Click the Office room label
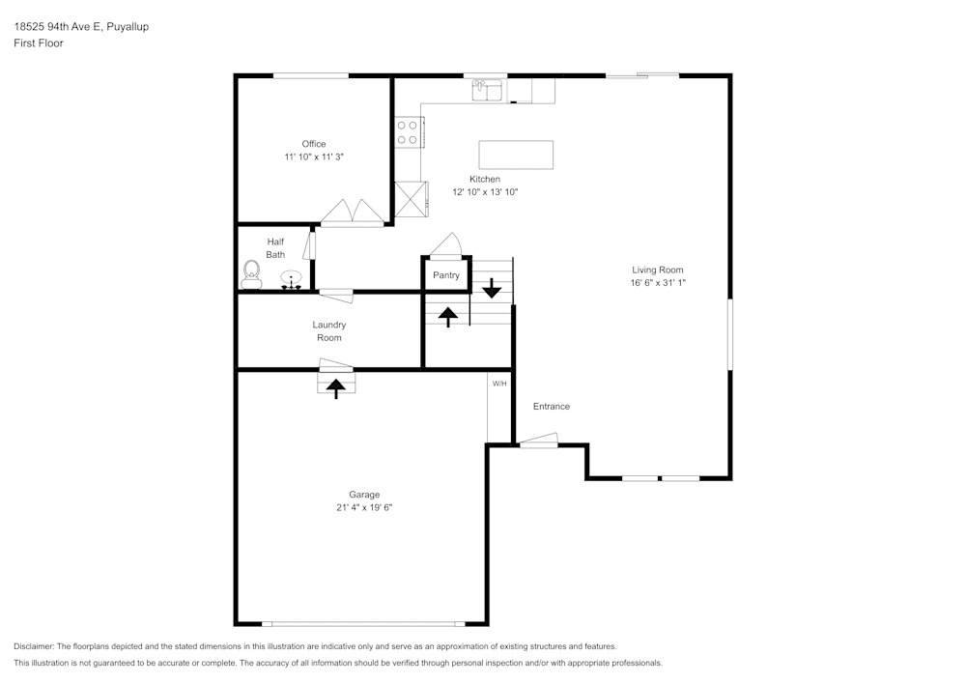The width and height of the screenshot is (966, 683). pyautogui.click(x=313, y=144)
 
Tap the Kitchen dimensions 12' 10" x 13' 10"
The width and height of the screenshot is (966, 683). pyautogui.click(x=485, y=192)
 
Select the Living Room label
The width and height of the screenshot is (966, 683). pyautogui.click(x=658, y=270)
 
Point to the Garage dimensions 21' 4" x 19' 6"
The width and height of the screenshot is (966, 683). pyautogui.click(x=357, y=507)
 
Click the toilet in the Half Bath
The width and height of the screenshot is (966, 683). pyautogui.click(x=252, y=273)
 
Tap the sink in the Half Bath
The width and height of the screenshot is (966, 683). pyautogui.click(x=290, y=280)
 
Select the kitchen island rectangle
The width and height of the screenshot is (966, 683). pyautogui.click(x=516, y=155)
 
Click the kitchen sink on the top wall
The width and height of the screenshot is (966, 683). pyautogui.click(x=487, y=91)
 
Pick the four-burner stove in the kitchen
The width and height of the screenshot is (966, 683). pyautogui.click(x=407, y=132)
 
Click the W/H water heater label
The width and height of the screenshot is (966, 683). pyautogui.click(x=499, y=384)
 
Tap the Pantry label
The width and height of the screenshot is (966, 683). pyautogui.click(x=446, y=275)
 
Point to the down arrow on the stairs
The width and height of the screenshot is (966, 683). pyautogui.click(x=492, y=287)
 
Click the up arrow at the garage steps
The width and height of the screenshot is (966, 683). pyautogui.click(x=335, y=387)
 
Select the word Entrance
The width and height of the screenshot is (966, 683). pyautogui.click(x=552, y=407)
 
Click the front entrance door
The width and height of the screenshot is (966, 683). pyautogui.click(x=538, y=443)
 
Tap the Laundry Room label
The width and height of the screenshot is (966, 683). pyautogui.click(x=328, y=331)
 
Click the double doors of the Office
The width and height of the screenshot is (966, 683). pyautogui.click(x=352, y=213)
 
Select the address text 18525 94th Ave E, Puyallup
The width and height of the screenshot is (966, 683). pyautogui.click(x=81, y=27)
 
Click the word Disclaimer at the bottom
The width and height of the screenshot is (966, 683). pyautogui.click(x=34, y=646)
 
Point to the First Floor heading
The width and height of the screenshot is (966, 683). pyautogui.click(x=39, y=43)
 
